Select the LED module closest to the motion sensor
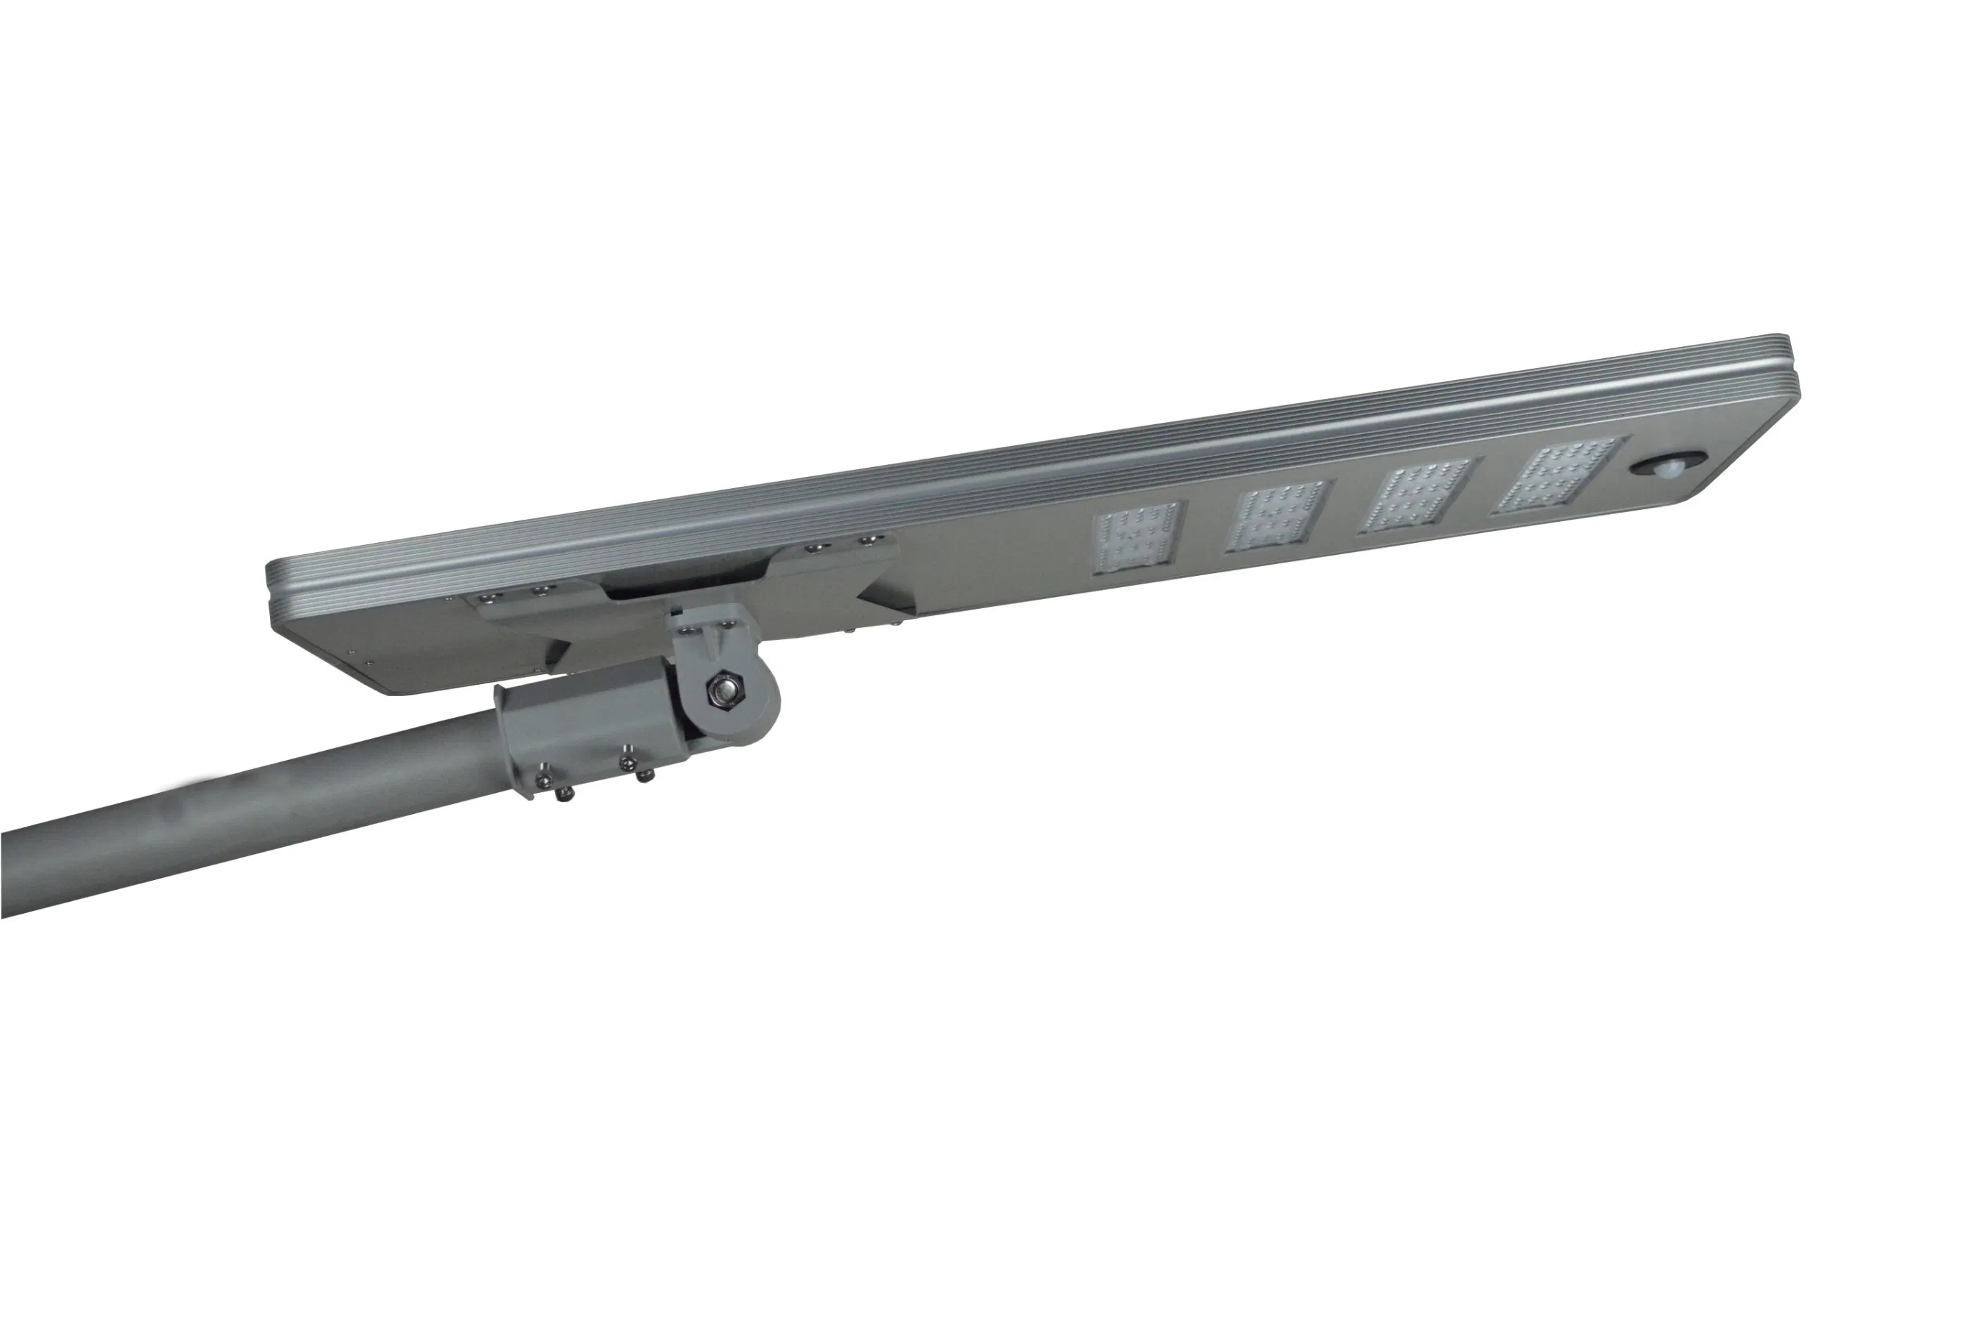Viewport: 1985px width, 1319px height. pos(1555,477)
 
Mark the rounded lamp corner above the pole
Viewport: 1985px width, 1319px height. pos(396,685)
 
